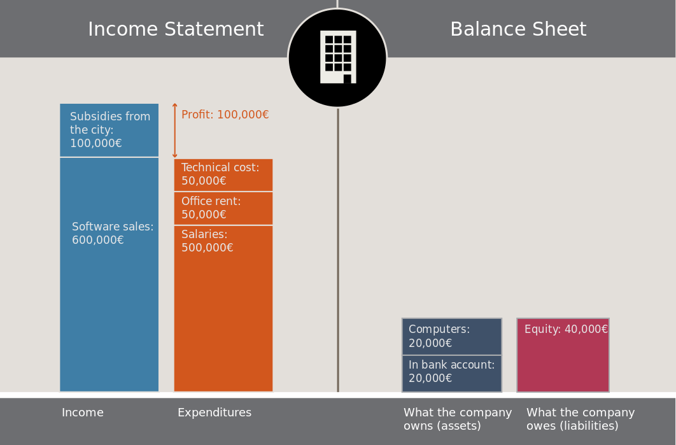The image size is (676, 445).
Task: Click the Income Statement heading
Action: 176,29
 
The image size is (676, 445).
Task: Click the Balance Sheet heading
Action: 518,29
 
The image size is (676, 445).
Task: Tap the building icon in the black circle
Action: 338,57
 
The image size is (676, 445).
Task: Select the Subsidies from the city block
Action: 109,131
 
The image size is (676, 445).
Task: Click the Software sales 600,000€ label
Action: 113,233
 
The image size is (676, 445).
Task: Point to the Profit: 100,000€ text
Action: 225,115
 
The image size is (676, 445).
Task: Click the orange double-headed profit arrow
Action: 174,131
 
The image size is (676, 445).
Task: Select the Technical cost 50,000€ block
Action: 223,174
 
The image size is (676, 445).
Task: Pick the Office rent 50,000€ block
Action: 223,208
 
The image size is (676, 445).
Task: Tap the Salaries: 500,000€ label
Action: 207,241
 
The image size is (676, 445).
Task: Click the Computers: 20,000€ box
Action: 452,336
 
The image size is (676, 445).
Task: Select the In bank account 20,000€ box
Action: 452,374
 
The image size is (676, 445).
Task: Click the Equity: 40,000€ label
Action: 566,329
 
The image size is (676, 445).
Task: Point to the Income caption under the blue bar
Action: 82,413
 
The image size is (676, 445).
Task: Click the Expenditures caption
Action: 215,413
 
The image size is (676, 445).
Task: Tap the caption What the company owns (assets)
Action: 458,419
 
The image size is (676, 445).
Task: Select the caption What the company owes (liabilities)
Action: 581,419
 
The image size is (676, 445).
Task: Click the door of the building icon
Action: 348,79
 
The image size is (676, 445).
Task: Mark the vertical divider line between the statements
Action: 338,250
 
